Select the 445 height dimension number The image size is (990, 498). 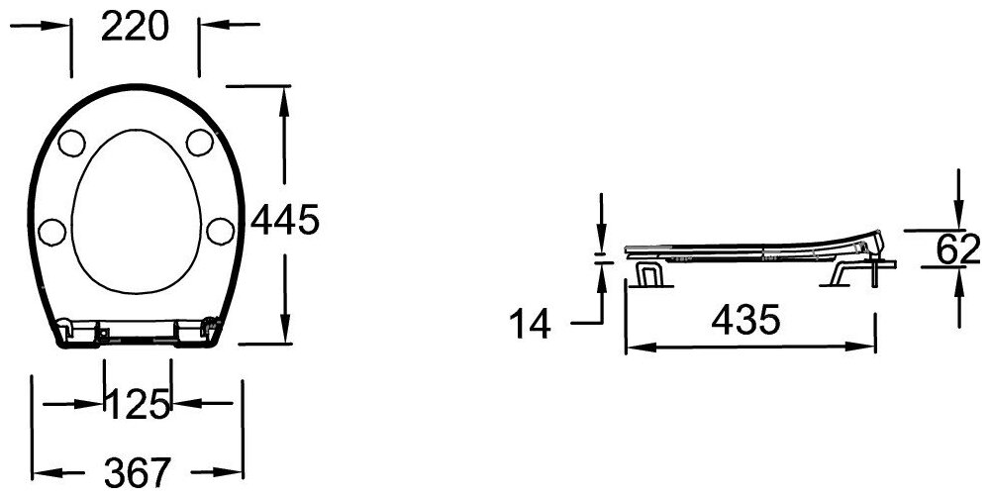coord(285,220)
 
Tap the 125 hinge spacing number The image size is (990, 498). coord(139,405)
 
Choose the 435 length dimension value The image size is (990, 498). coord(748,319)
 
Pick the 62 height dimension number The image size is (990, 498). coord(957,250)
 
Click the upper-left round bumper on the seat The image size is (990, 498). coord(72,143)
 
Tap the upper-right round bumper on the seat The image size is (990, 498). coord(199,143)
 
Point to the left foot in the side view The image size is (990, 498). coord(648,273)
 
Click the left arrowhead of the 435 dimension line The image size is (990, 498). coord(634,347)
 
